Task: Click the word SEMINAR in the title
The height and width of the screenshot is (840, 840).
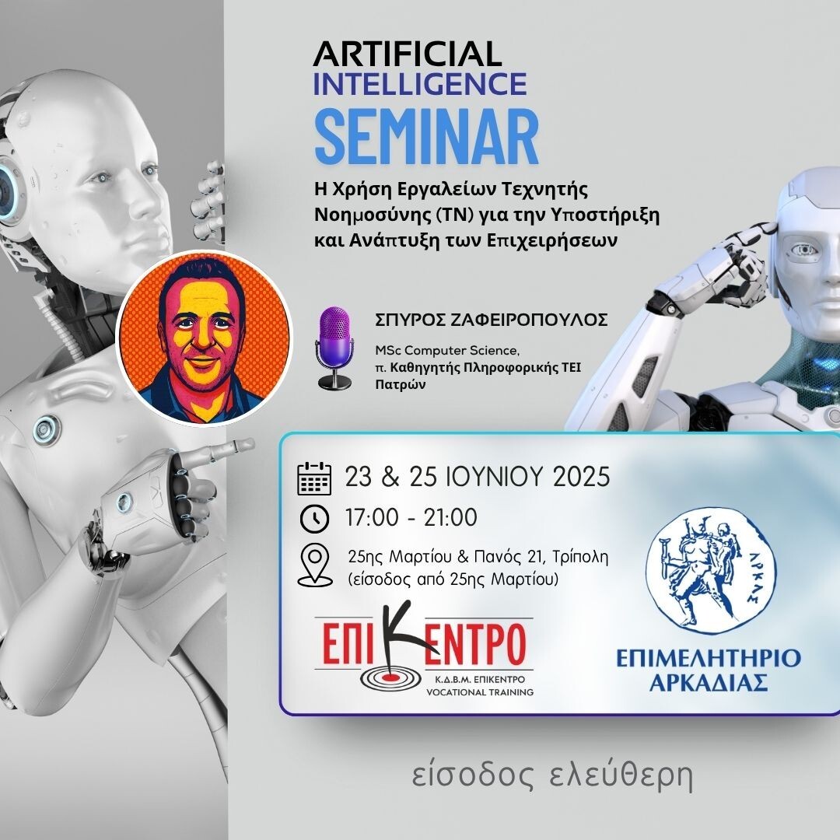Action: point(426,138)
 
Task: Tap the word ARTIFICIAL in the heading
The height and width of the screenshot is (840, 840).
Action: point(407,54)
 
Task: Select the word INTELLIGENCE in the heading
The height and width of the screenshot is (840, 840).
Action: point(420,82)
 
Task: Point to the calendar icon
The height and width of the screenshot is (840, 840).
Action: point(314,478)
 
